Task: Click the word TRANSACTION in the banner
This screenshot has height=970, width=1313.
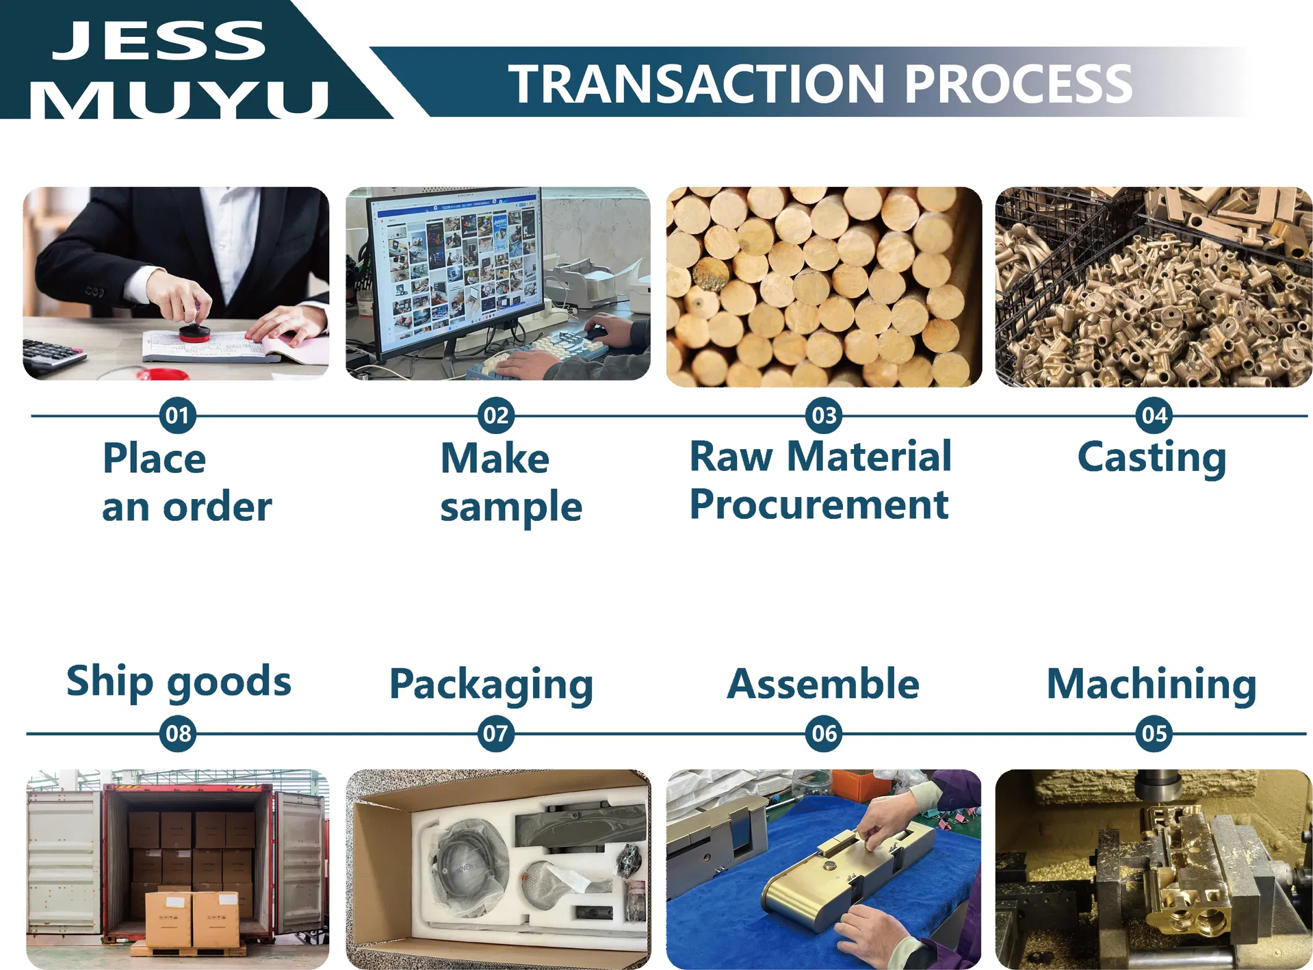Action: tap(697, 84)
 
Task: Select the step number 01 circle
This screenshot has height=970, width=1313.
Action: tap(178, 416)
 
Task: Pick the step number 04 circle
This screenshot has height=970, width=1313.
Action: tap(1154, 416)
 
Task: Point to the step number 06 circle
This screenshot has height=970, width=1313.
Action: tap(824, 734)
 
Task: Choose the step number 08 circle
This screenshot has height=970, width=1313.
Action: tap(178, 734)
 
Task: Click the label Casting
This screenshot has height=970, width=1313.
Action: tap(1152, 458)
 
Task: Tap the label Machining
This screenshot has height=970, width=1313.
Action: tap(1152, 685)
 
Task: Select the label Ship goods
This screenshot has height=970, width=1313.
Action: tap(179, 682)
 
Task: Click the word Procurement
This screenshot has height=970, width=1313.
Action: tap(819, 505)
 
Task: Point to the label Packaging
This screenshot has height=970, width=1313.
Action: tap(491, 685)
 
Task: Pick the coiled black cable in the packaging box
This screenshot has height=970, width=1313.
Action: tap(465, 863)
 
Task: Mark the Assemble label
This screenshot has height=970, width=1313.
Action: tap(823, 684)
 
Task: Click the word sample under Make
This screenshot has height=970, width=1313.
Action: tap(511, 508)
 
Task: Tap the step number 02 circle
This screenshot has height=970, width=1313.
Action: tap(496, 416)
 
